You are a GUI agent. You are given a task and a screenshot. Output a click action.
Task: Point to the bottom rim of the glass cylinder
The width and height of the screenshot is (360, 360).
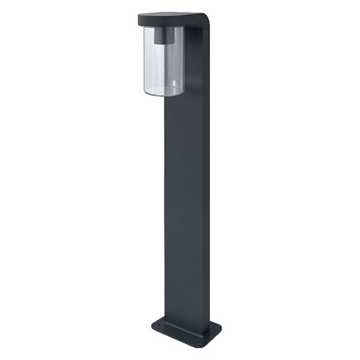coord(163,93)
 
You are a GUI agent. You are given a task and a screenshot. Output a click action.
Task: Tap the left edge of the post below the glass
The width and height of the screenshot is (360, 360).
coord(166,180)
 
